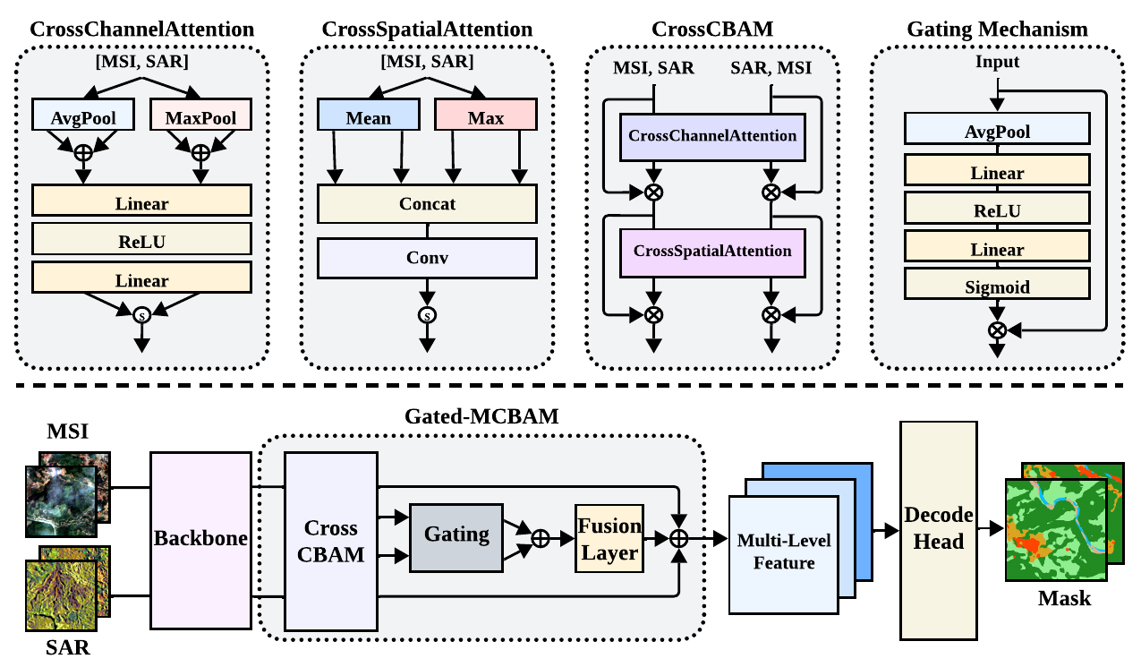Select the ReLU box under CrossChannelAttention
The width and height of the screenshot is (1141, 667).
[140, 241]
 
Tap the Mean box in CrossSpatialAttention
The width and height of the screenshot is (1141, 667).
[368, 117]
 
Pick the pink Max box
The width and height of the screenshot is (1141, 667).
[485, 117]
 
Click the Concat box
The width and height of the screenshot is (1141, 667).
[427, 204]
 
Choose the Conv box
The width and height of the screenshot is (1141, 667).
[427, 258]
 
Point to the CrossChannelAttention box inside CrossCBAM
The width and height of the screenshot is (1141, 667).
[712, 136]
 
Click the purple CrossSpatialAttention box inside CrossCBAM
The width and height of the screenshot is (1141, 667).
[712, 252]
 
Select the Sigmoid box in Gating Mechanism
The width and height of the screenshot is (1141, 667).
[997, 286]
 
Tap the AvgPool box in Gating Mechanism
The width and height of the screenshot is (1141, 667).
[997, 132]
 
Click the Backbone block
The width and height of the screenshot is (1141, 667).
[200, 540]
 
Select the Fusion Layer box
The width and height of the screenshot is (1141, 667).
[609, 538]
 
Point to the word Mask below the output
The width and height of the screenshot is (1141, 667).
[1064, 598]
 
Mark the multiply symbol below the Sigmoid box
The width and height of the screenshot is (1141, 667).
[997, 329]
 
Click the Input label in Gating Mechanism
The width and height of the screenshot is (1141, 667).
[997, 62]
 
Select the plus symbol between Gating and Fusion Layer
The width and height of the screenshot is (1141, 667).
[541, 538]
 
